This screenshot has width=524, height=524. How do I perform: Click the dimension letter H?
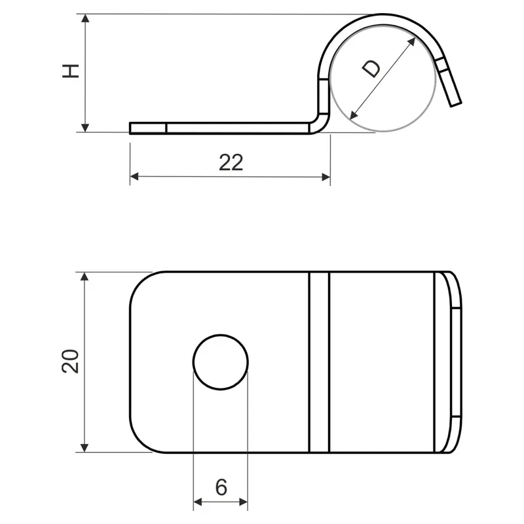tap(71, 71)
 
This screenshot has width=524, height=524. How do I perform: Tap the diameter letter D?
tap(371, 69)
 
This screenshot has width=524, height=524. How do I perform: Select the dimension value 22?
tap(231, 162)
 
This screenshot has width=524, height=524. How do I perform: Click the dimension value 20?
tap(71, 362)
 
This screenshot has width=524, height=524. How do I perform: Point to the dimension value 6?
tap(221, 487)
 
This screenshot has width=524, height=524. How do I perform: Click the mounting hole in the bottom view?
tap(221, 362)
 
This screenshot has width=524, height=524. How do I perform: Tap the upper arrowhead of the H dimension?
tap(85, 18)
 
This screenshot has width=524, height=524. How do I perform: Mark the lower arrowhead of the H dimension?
tap(85, 128)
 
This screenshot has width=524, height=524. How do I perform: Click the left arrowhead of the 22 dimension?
tap(134, 176)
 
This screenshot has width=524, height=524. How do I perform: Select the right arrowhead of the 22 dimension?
tap(326, 177)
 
